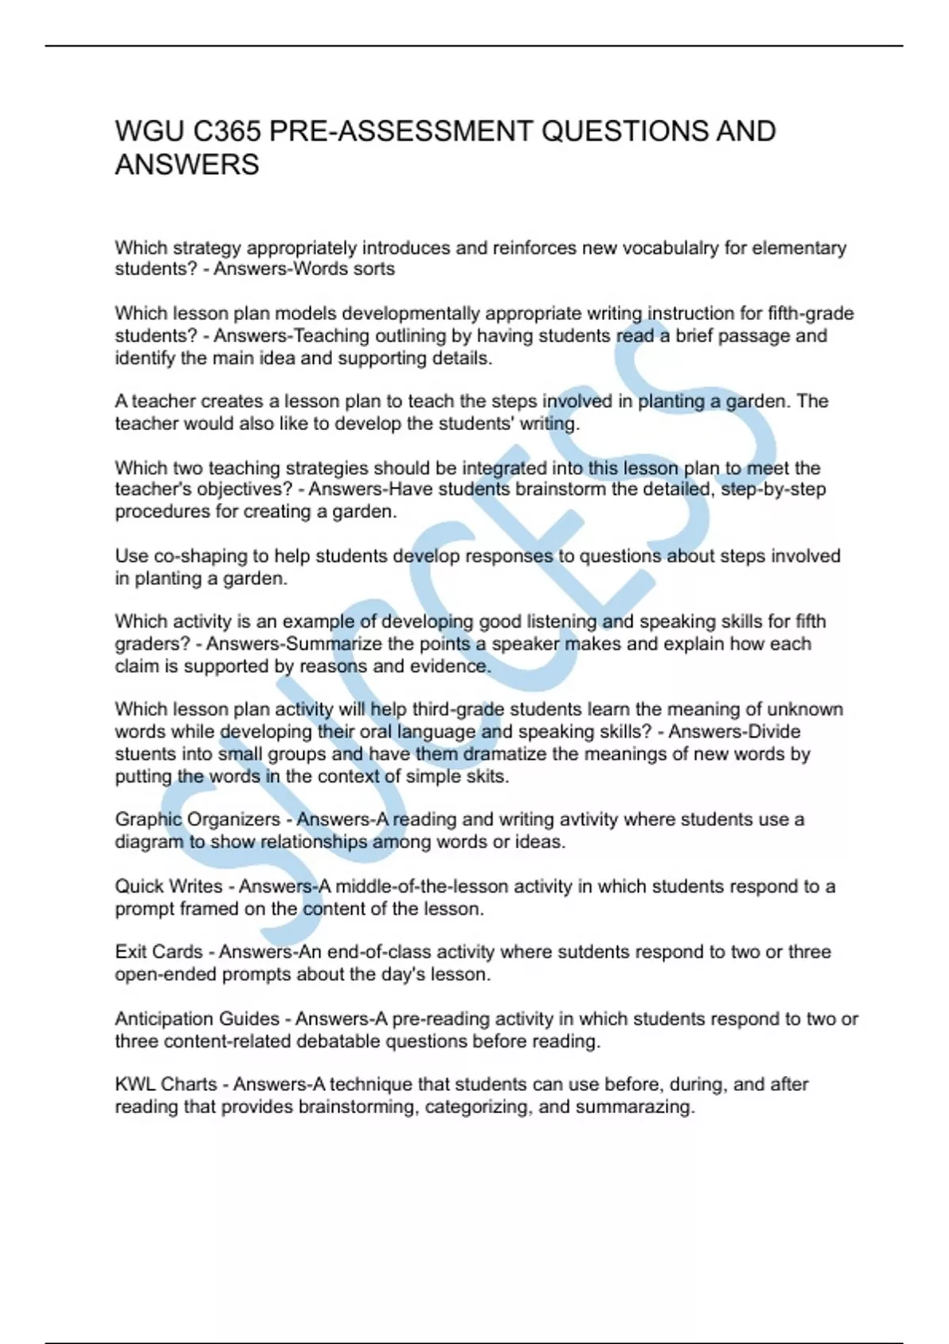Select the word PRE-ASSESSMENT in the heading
coord(401,131)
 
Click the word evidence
coord(449,666)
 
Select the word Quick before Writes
coord(140,886)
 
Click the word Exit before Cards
coord(131,952)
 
